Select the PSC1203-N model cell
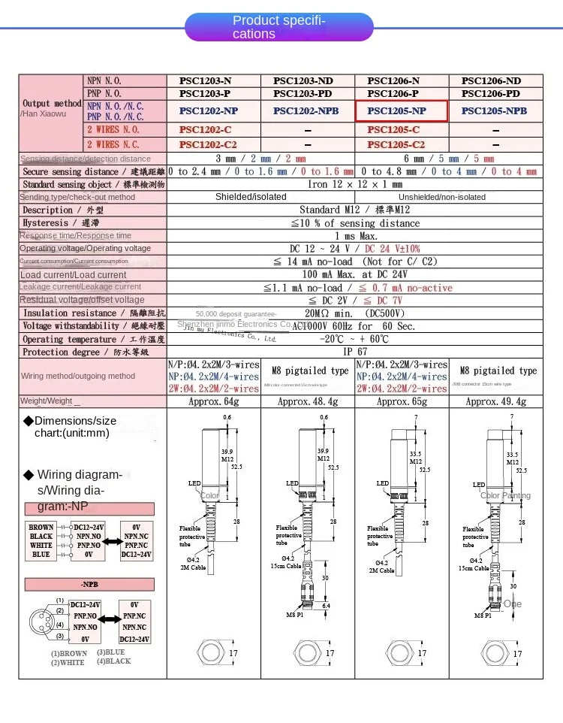click(x=213, y=80)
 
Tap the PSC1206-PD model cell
click(x=495, y=94)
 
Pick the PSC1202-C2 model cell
click(x=213, y=144)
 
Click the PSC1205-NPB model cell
click(x=495, y=110)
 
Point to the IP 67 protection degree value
click(x=354, y=352)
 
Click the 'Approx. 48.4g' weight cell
click(x=307, y=401)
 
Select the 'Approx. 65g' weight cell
click(x=401, y=401)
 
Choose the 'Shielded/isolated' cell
click(x=251, y=197)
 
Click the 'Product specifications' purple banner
click(x=279, y=27)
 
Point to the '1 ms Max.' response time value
click(x=354, y=236)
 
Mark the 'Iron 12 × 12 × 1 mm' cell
click(x=354, y=184)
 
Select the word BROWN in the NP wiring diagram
click(x=41, y=528)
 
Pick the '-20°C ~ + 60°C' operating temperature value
click(x=354, y=339)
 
